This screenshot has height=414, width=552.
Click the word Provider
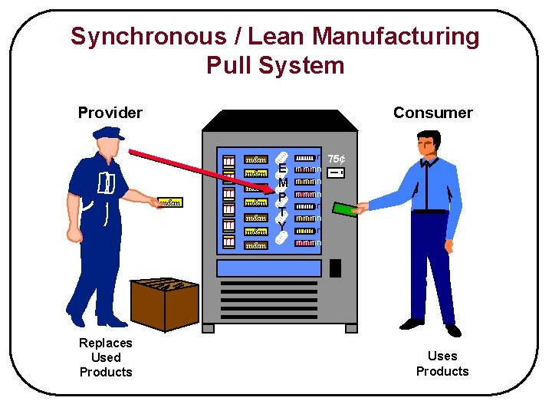[x=110, y=113]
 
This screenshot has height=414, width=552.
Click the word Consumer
[x=432, y=113]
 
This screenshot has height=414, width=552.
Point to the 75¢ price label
[x=336, y=159]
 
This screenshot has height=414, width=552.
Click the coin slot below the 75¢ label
[x=335, y=173]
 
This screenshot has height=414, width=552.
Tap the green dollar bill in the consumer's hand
[x=345, y=209]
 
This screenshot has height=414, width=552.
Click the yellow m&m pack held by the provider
[x=170, y=202]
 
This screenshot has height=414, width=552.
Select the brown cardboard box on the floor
[x=164, y=303]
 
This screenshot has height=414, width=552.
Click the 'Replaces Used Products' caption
[x=106, y=357]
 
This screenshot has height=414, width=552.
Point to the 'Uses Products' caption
[x=442, y=363]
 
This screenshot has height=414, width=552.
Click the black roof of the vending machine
[x=279, y=121]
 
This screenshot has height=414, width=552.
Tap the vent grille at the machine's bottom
[x=279, y=301]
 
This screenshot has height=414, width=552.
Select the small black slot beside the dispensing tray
[x=335, y=268]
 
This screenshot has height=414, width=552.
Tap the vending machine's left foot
[x=212, y=327]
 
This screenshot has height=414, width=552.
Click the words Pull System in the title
[x=275, y=65]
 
